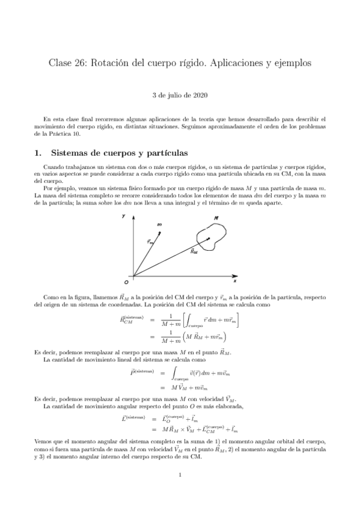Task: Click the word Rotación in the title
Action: [x=113, y=63]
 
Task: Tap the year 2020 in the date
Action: [x=202, y=95]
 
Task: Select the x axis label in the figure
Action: [x=234, y=280]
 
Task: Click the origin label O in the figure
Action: [x=126, y=281]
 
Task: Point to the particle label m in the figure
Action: [x=160, y=224]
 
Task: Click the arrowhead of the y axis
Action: [x=133, y=221]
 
